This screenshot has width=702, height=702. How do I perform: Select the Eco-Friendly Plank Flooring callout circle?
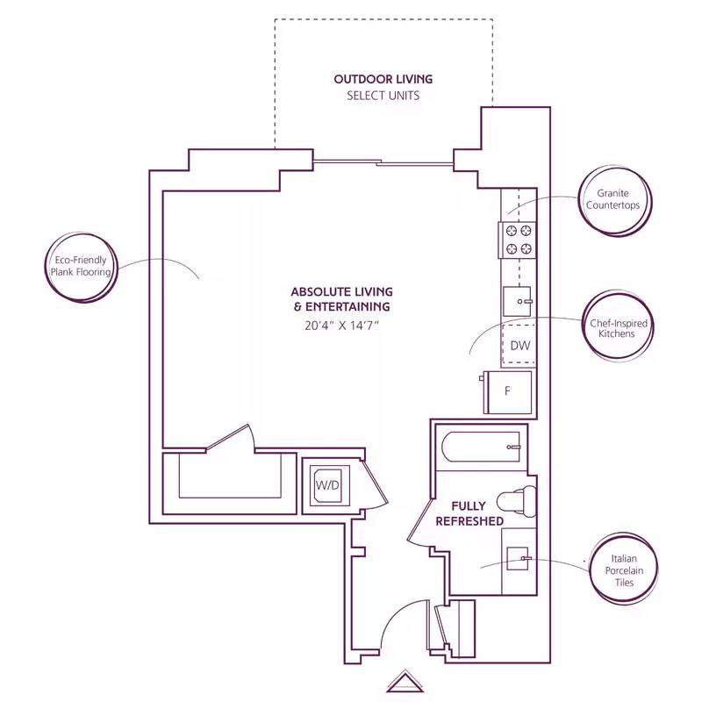point(81,267)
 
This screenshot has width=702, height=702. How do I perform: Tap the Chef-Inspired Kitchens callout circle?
point(618,328)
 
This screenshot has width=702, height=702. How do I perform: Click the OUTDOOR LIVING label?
point(383,79)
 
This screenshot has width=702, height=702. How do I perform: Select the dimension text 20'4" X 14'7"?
point(341,325)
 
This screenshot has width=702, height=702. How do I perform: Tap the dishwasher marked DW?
point(519,345)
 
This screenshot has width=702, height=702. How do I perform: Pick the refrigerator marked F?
point(507,390)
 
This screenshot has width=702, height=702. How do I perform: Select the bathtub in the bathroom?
point(483,448)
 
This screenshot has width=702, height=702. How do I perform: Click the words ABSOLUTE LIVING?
point(341,291)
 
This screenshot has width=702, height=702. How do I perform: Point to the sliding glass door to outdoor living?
point(383,162)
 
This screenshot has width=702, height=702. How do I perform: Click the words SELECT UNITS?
point(383,96)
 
